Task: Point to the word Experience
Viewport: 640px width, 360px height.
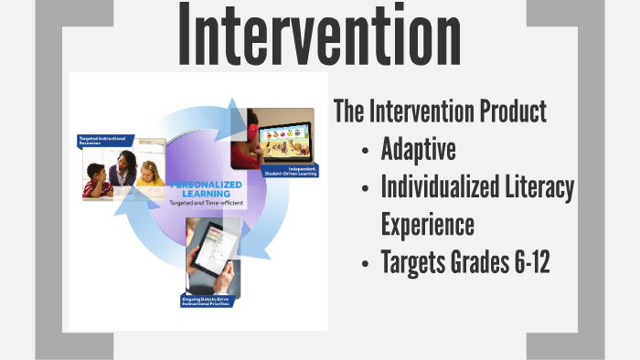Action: click(x=428, y=224)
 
